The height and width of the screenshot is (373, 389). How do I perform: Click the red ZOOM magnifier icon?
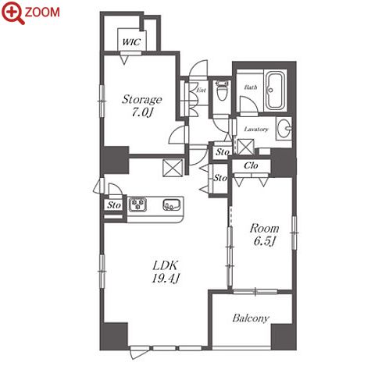pyautogui.click(x=13, y=12)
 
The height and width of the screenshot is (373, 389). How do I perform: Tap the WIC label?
pyautogui.click(x=131, y=42)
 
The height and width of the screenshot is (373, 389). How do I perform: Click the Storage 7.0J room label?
pyautogui.click(x=142, y=105)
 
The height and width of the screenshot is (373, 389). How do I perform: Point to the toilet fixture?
pyautogui.click(x=222, y=90)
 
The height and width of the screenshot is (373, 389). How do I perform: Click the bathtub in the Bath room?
pyautogui.click(x=275, y=91)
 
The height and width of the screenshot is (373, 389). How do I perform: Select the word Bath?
pyautogui.click(x=251, y=87)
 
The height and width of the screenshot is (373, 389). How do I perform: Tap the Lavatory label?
pyautogui.click(x=256, y=129)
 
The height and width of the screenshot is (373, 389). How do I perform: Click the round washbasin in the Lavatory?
pyautogui.click(x=284, y=128)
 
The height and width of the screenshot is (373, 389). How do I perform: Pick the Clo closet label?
pyautogui.click(x=251, y=165)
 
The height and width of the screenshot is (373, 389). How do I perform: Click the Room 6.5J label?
pyautogui.click(x=264, y=235)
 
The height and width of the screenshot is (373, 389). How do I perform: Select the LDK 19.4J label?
pyautogui.click(x=166, y=272)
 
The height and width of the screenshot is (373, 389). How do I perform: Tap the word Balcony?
pyautogui.click(x=251, y=318)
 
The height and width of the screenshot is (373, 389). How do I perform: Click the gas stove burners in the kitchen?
pyautogui.click(x=138, y=204)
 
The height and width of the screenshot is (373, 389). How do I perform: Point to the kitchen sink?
pyautogui.click(x=172, y=204)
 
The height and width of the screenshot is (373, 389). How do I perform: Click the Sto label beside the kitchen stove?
pyautogui.click(x=114, y=205)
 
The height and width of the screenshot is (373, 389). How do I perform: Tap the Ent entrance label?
pyautogui.click(x=202, y=91)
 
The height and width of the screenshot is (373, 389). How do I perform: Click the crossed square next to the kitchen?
pyautogui.click(x=173, y=168)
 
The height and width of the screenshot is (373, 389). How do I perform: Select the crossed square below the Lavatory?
pyautogui.click(x=246, y=147)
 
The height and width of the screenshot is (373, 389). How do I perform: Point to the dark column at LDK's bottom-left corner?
pyautogui.click(x=115, y=336)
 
